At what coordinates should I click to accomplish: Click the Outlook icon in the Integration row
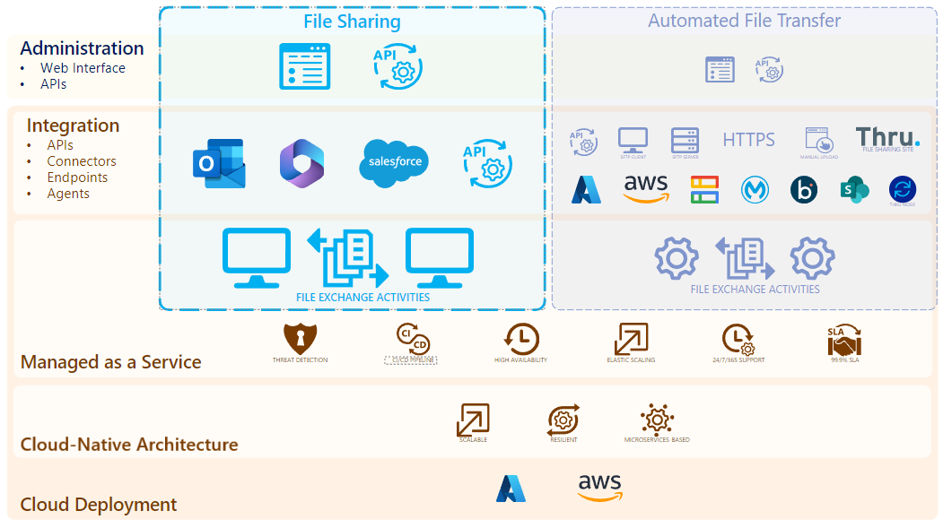point(218,163)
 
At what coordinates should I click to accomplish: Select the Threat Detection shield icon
point(301,339)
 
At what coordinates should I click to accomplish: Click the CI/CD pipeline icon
point(412,340)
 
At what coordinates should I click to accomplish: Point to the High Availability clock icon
point(521,339)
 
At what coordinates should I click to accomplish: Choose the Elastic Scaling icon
point(631,339)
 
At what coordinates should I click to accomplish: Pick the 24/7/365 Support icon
point(739,340)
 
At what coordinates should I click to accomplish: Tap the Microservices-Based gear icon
point(657,420)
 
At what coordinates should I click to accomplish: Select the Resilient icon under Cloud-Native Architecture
point(563,420)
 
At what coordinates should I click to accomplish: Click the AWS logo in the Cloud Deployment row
point(599,488)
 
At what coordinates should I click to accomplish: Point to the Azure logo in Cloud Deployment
point(511,489)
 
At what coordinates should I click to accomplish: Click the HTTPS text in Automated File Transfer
point(748,139)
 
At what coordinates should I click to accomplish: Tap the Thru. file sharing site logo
point(887,138)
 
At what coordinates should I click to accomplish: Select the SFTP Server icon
point(685,140)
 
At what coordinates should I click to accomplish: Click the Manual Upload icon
point(818,139)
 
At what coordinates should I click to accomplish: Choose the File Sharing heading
point(352,22)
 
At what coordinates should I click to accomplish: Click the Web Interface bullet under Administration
point(83,68)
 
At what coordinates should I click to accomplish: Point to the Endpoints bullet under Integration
point(77,177)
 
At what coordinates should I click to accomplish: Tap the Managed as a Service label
point(110,362)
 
